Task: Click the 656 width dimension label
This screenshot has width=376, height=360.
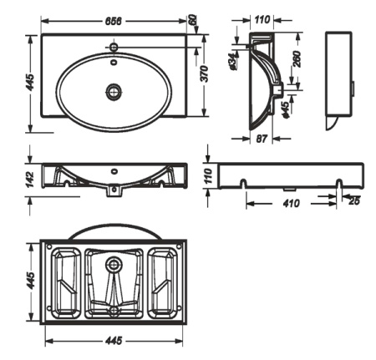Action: point(114,21)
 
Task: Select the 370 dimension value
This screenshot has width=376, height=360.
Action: point(205,74)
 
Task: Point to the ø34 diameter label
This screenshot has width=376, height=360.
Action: point(233,61)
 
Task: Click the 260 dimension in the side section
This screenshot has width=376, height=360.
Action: point(297,58)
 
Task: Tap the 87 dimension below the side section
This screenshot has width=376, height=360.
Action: point(262,139)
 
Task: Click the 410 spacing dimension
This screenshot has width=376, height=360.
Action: point(292,204)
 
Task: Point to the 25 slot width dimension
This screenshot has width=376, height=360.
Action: point(354,201)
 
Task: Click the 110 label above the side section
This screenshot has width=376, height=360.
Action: point(262,20)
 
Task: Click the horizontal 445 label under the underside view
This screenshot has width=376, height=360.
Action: point(114,340)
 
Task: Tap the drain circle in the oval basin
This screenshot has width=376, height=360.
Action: point(114,91)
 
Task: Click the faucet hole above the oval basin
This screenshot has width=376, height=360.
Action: point(114,46)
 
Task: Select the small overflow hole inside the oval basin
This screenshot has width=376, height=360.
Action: point(114,62)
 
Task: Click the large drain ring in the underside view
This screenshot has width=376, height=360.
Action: point(114,263)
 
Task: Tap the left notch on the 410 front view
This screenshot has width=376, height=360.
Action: point(243,184)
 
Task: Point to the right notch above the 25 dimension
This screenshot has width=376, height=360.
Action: point(339,184)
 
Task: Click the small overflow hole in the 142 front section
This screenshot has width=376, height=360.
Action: point(114,171)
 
